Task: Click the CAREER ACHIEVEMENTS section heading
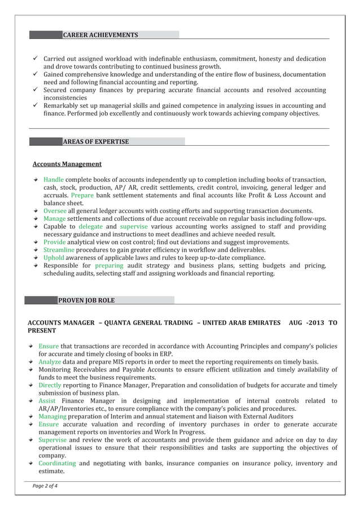point(100,35)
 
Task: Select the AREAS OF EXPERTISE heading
point(95,141)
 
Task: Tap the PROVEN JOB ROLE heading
point(86,299)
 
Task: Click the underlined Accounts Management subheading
point(67,164)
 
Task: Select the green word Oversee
point(55,211)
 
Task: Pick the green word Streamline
point(59,250)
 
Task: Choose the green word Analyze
point(50,361)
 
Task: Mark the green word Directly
point(50,385)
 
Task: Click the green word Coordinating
point(57,463)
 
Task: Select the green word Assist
point(47,401)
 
